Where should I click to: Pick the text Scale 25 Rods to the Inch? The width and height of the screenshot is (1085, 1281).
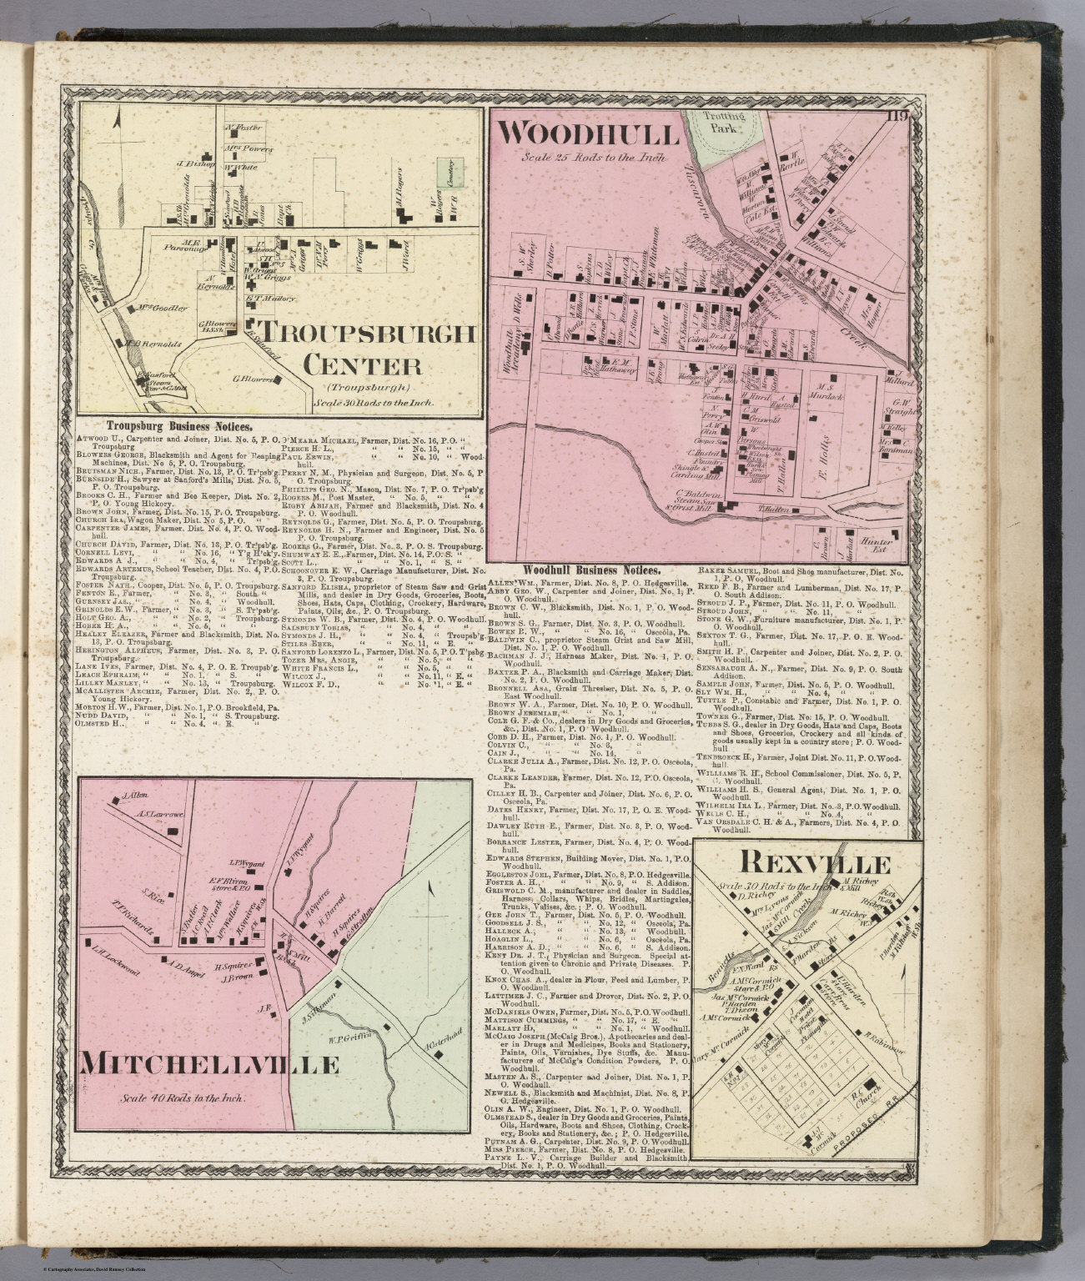[589, 157]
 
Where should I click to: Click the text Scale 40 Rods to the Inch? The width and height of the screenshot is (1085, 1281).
[183, 1098]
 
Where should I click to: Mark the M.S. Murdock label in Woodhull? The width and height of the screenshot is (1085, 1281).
[826, 392]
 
